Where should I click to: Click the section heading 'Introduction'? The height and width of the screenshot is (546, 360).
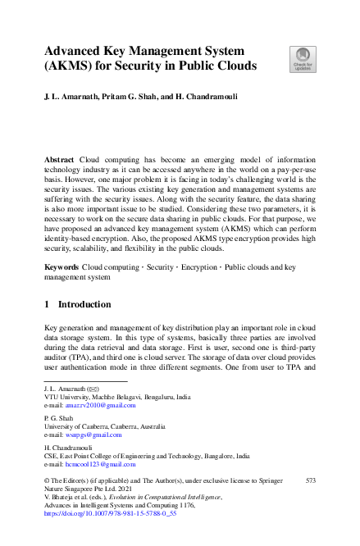(x=85, y=304)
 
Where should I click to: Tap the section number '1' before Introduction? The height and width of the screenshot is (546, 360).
(x=47, y=304)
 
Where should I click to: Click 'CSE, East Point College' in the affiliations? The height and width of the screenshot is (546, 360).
(x=87, y=456)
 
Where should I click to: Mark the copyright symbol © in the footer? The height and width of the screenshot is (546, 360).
(x=46, y=481)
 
